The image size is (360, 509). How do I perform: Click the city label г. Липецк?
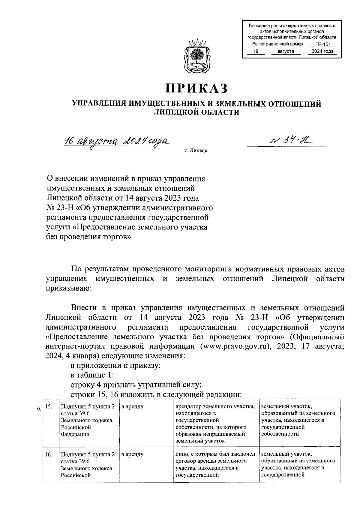point(196,150)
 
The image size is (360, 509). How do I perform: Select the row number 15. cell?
point(49,407)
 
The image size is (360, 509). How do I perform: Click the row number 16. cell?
point(49,454)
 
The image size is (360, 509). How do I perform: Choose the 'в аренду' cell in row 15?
point(132,407)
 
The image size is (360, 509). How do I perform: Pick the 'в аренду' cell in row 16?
point(132,454)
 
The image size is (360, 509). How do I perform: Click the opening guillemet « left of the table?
point(38,409)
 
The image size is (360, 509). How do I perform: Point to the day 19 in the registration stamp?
point(256,52)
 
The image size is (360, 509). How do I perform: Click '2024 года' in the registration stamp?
point(322,52)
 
